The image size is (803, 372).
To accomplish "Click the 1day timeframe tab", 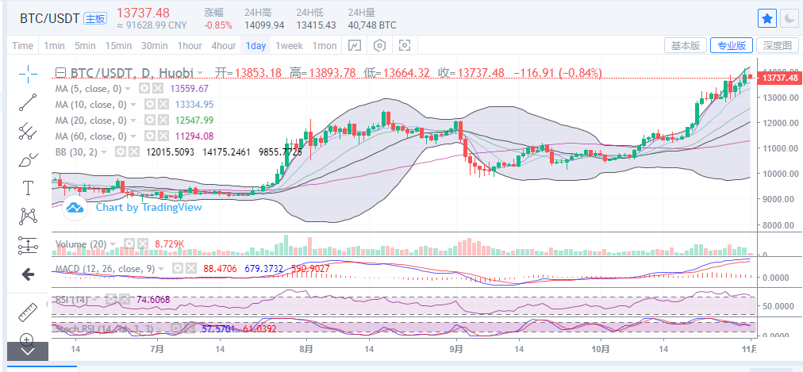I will click(255, 45).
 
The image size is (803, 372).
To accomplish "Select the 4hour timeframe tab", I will click(223, 45).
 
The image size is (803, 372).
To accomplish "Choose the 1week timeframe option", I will click(289, 45).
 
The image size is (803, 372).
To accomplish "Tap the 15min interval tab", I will click(118, 45).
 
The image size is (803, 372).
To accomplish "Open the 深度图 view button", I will click(777, 45).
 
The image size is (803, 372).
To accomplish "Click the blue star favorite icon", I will click(766, 17).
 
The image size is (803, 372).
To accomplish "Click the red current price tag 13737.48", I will click(778, 78).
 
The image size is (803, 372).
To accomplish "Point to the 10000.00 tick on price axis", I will click(778, 174).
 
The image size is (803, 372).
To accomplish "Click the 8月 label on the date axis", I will click(307, 348).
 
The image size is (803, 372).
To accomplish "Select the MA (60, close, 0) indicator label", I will click(90, 135).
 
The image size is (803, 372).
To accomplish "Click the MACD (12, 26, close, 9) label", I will click(106, 269).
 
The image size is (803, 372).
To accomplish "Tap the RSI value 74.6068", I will click(152, 300).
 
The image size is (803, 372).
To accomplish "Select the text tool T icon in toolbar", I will click(29, 188).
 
